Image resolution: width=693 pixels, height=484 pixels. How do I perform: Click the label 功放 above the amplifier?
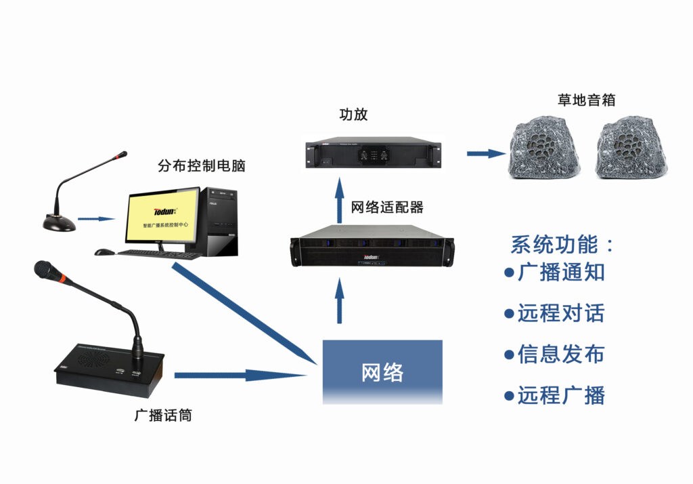(x=353, y=115)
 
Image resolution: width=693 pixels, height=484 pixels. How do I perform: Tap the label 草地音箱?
(x=587, y=100)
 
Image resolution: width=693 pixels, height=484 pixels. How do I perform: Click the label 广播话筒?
(x=163, y=416)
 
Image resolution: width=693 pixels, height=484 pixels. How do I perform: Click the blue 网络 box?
(x=382, y=372)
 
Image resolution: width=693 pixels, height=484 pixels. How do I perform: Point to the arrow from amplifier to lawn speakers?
(x=486, y=154)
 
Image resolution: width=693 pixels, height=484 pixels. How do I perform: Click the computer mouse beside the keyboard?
(x=104, y=252)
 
